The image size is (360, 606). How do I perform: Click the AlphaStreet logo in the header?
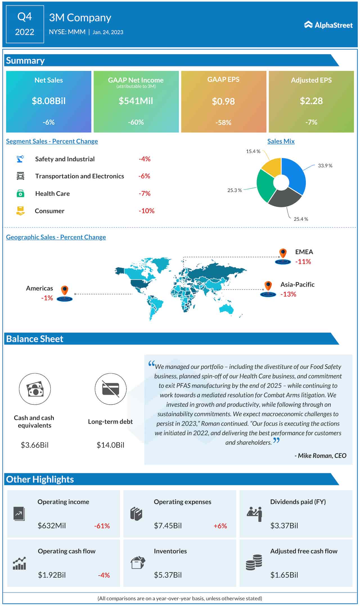coord(328,25)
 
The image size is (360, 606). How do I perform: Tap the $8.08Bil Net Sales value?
coord(49,101)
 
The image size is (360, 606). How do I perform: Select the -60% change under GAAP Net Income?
coord(136,122)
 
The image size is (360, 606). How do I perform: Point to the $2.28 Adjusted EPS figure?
coord(311,101)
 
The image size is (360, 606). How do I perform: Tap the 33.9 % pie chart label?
coord(325,166)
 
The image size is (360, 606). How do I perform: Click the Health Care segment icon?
coord(20,193)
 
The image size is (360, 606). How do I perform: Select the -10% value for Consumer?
coord(147,211)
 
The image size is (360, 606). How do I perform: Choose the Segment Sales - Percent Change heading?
coord(52,141)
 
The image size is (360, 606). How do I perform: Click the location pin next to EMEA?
coord(283,253)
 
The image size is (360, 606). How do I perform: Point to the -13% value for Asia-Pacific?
coord(288,294)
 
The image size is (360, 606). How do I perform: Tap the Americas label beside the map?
coord(39,288)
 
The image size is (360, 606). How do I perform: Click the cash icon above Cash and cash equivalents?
coord(35,389)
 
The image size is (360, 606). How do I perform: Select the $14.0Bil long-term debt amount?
coord(110,445)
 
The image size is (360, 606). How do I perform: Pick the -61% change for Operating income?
coord(102,526)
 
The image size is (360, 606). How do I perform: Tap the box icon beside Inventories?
coord(138,562)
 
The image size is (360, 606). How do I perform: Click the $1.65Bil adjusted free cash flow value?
coord(284,575)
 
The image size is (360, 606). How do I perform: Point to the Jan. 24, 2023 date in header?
coord(108,32)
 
